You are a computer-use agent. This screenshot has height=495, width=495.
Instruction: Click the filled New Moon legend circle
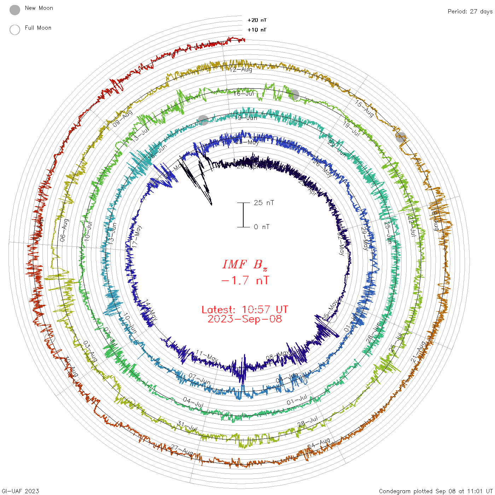click(15, 10)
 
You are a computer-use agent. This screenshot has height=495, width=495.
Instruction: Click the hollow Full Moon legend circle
click(15, 30)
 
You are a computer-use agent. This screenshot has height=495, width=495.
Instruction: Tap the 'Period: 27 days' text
click(470, 11)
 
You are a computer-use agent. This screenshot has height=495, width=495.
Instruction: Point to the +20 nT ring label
click(257, 20)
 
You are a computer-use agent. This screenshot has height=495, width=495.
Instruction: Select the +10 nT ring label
click(257, 30)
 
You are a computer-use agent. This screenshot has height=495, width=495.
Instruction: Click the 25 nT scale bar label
click(264, 203)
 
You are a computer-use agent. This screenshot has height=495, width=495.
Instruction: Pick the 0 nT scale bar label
click(262, 227)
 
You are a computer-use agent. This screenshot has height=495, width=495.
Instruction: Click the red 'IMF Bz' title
click(245, 264)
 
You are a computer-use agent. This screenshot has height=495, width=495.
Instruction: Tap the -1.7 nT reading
click(245, 280)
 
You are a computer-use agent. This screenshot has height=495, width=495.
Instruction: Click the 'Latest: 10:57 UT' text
click(245, 310)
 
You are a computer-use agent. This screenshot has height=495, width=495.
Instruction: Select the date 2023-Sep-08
click(245, 319)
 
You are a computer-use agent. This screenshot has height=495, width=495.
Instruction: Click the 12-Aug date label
click(241, 70)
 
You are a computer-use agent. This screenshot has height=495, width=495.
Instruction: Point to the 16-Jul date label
click(244, 94)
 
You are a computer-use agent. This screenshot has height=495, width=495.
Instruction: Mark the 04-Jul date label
click(193, 402)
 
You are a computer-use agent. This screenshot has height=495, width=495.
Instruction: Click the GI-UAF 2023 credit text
click(20, 491)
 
